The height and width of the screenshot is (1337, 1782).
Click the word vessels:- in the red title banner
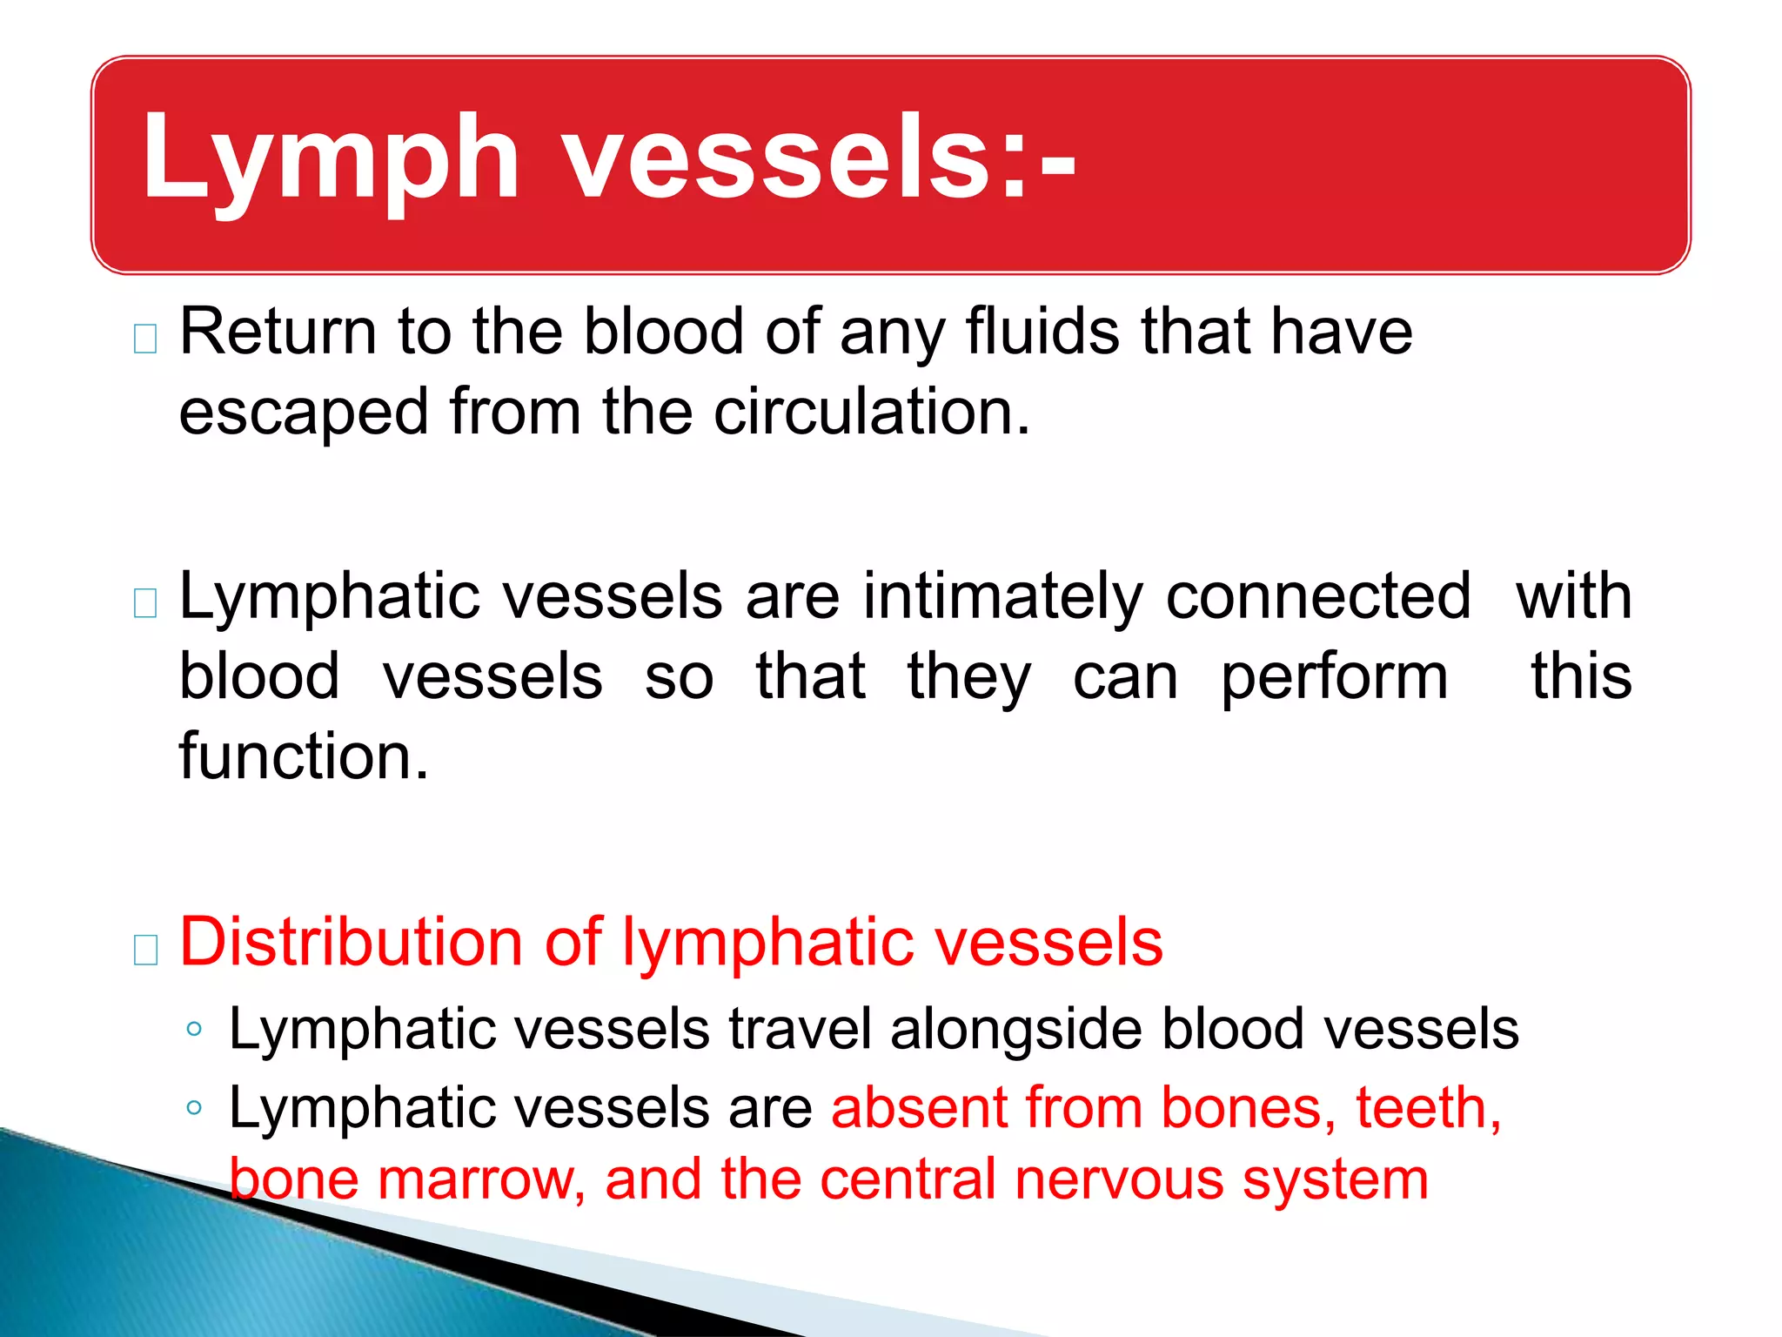(x=821, y=159)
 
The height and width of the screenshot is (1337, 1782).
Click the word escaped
(x=304, y=414)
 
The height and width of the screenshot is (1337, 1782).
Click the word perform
(x=1334, y=679)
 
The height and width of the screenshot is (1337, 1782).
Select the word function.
(x=304, y=756)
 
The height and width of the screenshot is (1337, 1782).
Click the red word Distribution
(x=351, y=942)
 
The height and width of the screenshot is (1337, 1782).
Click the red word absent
(x=918, y=1108)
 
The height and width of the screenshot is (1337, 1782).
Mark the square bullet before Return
(x=145, y=339)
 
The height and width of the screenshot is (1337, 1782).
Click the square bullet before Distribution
(x=145, y=950)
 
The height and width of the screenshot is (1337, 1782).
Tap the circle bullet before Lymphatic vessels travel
(x=194, y=1030)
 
